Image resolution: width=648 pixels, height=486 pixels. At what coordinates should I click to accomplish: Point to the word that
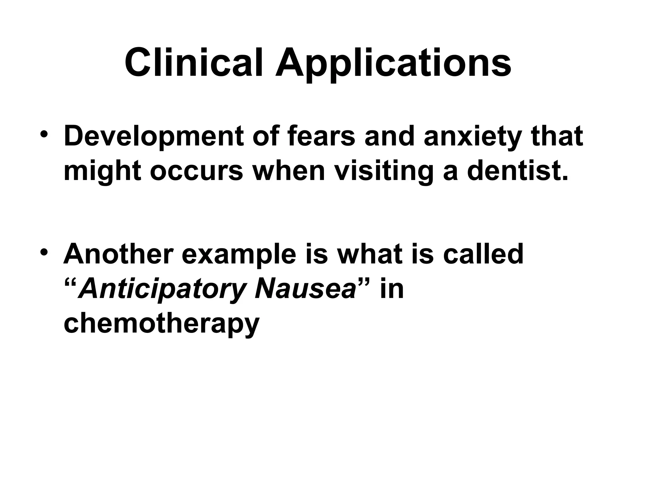click(558, 136)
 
